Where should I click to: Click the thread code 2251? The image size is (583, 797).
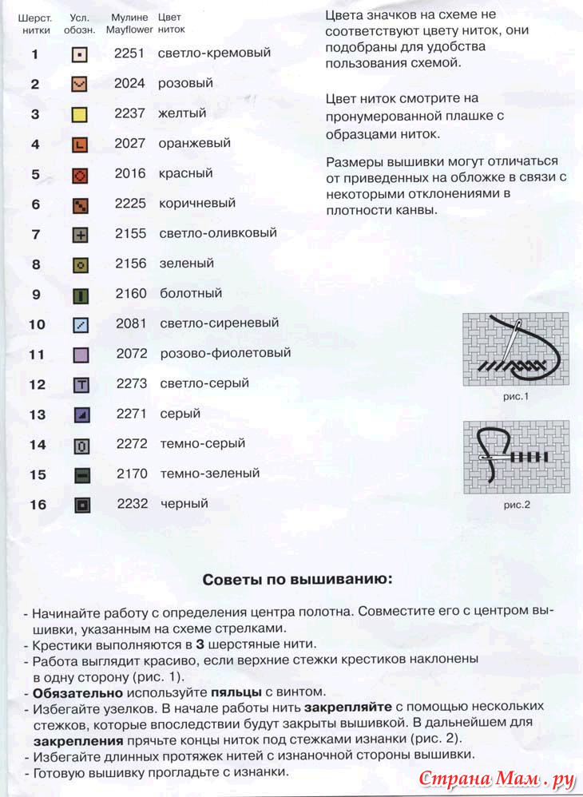129,54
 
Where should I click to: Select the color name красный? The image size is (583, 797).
185,173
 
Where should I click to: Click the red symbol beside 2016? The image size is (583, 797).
80,175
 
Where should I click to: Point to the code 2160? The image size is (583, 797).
131,293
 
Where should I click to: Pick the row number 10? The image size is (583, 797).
37,324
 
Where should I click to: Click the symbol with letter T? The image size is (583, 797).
81,385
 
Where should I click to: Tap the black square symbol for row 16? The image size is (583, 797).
81,505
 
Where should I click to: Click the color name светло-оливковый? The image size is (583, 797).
217,233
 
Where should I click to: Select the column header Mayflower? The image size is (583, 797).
130,30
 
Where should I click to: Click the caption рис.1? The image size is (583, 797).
516,396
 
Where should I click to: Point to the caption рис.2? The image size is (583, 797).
517,504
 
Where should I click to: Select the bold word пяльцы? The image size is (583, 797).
236,692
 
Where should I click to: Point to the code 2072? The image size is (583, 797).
132,353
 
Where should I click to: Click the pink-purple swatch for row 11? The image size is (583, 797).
81,355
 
